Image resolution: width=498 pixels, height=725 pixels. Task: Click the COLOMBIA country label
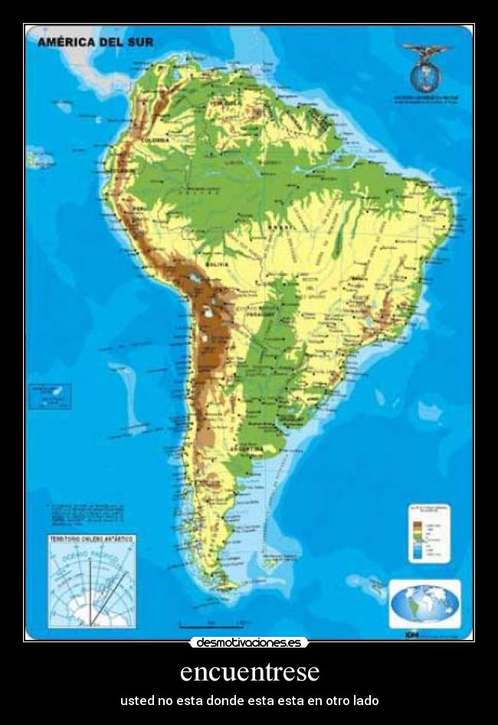pyautogui.click(x=155, y=139)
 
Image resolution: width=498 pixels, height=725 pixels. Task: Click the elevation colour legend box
pyautogui.click(x=429, y=533)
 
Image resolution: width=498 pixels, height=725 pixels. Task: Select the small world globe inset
pyautogui.click(x=425, y=605)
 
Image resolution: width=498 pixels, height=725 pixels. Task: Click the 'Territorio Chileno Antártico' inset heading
pyautogui.click(x=91, y=539)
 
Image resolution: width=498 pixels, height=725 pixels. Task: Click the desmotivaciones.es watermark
pyautogui.click(x=249, y=642)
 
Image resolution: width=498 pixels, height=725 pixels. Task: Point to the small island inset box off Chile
pyautogui.click(x=50, y=395)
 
